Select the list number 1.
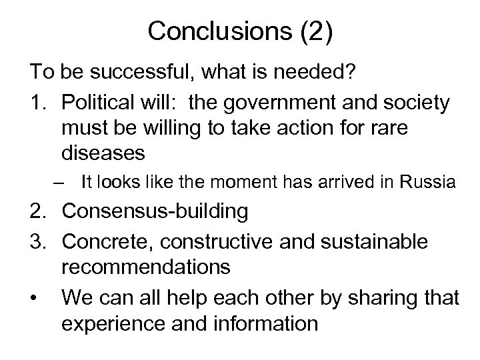coord(37,103)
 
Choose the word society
coord(417,103)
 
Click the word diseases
coord(103,152)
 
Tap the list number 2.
coord(37,212)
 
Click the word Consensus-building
coord(155,212)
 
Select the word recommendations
coord(146,267)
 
